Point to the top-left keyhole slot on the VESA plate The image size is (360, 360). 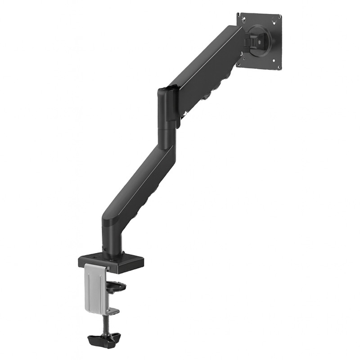point(243,19)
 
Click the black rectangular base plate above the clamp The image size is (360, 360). point(112,263)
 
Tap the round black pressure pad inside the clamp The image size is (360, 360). point(116,285)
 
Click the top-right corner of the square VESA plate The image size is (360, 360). point(282,13)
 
